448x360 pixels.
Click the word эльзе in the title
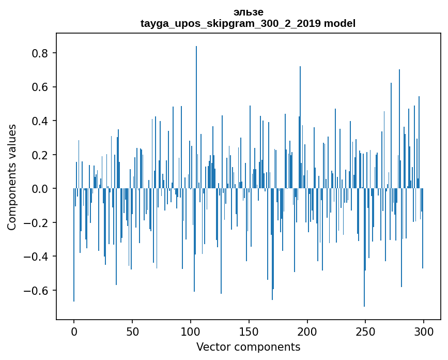(248, 12)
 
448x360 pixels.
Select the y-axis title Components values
(11, 177)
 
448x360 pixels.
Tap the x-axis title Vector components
(248, 347)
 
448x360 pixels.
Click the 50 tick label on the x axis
(132, 331)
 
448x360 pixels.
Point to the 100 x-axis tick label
(191, 331)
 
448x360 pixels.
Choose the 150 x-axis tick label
(249, 331)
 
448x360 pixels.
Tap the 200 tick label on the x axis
(307, 331)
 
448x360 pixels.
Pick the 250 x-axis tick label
(365, 331)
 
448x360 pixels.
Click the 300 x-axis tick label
(424, 331)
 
